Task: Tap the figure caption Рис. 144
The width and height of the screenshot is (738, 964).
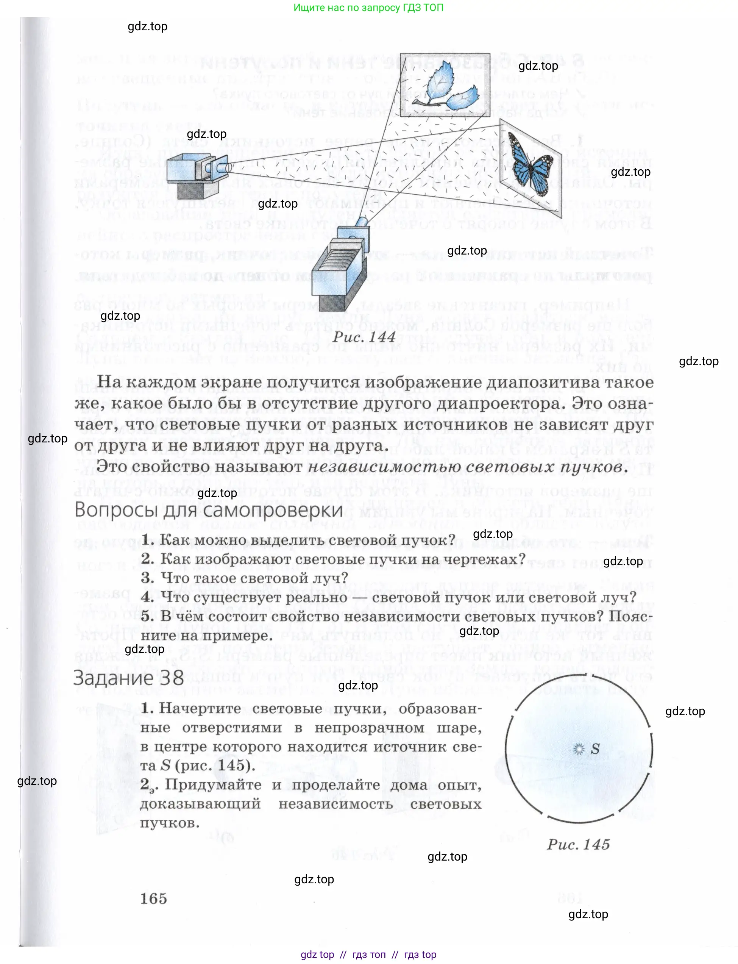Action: [x=364, y=337]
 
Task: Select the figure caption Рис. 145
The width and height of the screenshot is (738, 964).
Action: [x=578, y=844]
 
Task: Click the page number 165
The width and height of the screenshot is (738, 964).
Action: [x=153, y=898]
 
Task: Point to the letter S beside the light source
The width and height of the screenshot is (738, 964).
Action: [x=595, y=749]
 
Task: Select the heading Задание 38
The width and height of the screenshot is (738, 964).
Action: [x=128, y=678]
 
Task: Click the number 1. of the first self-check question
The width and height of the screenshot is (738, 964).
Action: [x=148, y=539]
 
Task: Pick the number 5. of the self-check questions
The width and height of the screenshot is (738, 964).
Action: [x=148, y=616]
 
